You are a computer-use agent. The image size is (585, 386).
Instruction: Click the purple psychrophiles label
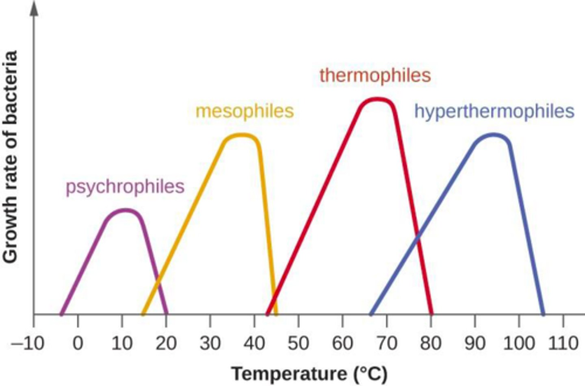click(125, 187)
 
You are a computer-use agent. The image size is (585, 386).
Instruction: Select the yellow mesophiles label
click(244, 111)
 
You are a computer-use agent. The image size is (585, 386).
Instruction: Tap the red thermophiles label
click(375, 76)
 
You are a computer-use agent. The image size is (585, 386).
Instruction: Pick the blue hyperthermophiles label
click(494, 111)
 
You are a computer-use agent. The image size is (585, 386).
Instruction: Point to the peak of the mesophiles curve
click(242, 135)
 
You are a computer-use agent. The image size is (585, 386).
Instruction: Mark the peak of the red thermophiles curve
click(377, 99)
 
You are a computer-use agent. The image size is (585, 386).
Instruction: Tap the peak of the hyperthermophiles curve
click(493, 134)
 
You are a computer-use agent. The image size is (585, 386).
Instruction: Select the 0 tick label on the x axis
click(78, 344)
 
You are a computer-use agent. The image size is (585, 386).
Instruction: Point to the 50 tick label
click(298, 344)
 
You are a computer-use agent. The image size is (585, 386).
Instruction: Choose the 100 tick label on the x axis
click(519, 344)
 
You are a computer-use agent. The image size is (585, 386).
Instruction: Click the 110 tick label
click(563, 344)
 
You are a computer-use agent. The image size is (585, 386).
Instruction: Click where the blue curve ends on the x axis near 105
click(543, 314)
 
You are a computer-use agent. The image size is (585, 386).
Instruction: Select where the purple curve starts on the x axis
click(61, 314)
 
